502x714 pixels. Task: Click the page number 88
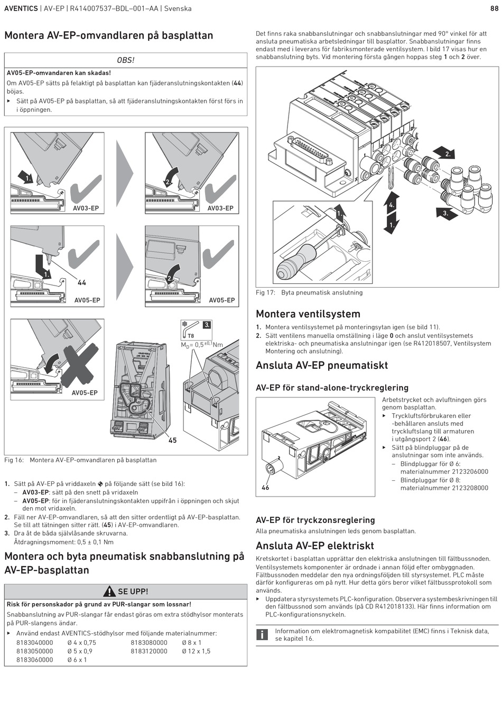pyautogui.click(x=494, y=8)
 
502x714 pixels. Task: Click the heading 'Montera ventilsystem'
pyautogui.click(x=308, y=314)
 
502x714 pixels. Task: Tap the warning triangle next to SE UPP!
pyautogui.click(x=109, y=592)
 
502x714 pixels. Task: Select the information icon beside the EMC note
pyautogui.click(x=262, y=634)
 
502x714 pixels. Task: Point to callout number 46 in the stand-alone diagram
pyautogui.click(x=265, y=488)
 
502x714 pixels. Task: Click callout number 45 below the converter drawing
pyautogui.click(x=172, y=440)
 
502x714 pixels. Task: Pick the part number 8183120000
pyautogui.click(x=149, y=651)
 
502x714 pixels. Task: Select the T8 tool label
pyautogui.click(x=191, y=336)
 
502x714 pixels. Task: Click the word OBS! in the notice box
pyautogui.click(x=126, y=60)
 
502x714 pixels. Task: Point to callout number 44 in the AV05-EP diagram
pyautogui.click(x=82, y=283)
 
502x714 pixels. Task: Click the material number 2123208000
pyautogui.click(x=444, y=488)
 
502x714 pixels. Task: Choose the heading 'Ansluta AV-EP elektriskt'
pyautogui.click(x=315, y=546)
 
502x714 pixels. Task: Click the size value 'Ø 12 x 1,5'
pyautogui.click(x=196, y=651)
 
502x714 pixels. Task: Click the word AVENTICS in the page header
pyautogui.click(x=21, y=8)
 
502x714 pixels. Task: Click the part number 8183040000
pyautogui.click(x=35, y=643)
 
